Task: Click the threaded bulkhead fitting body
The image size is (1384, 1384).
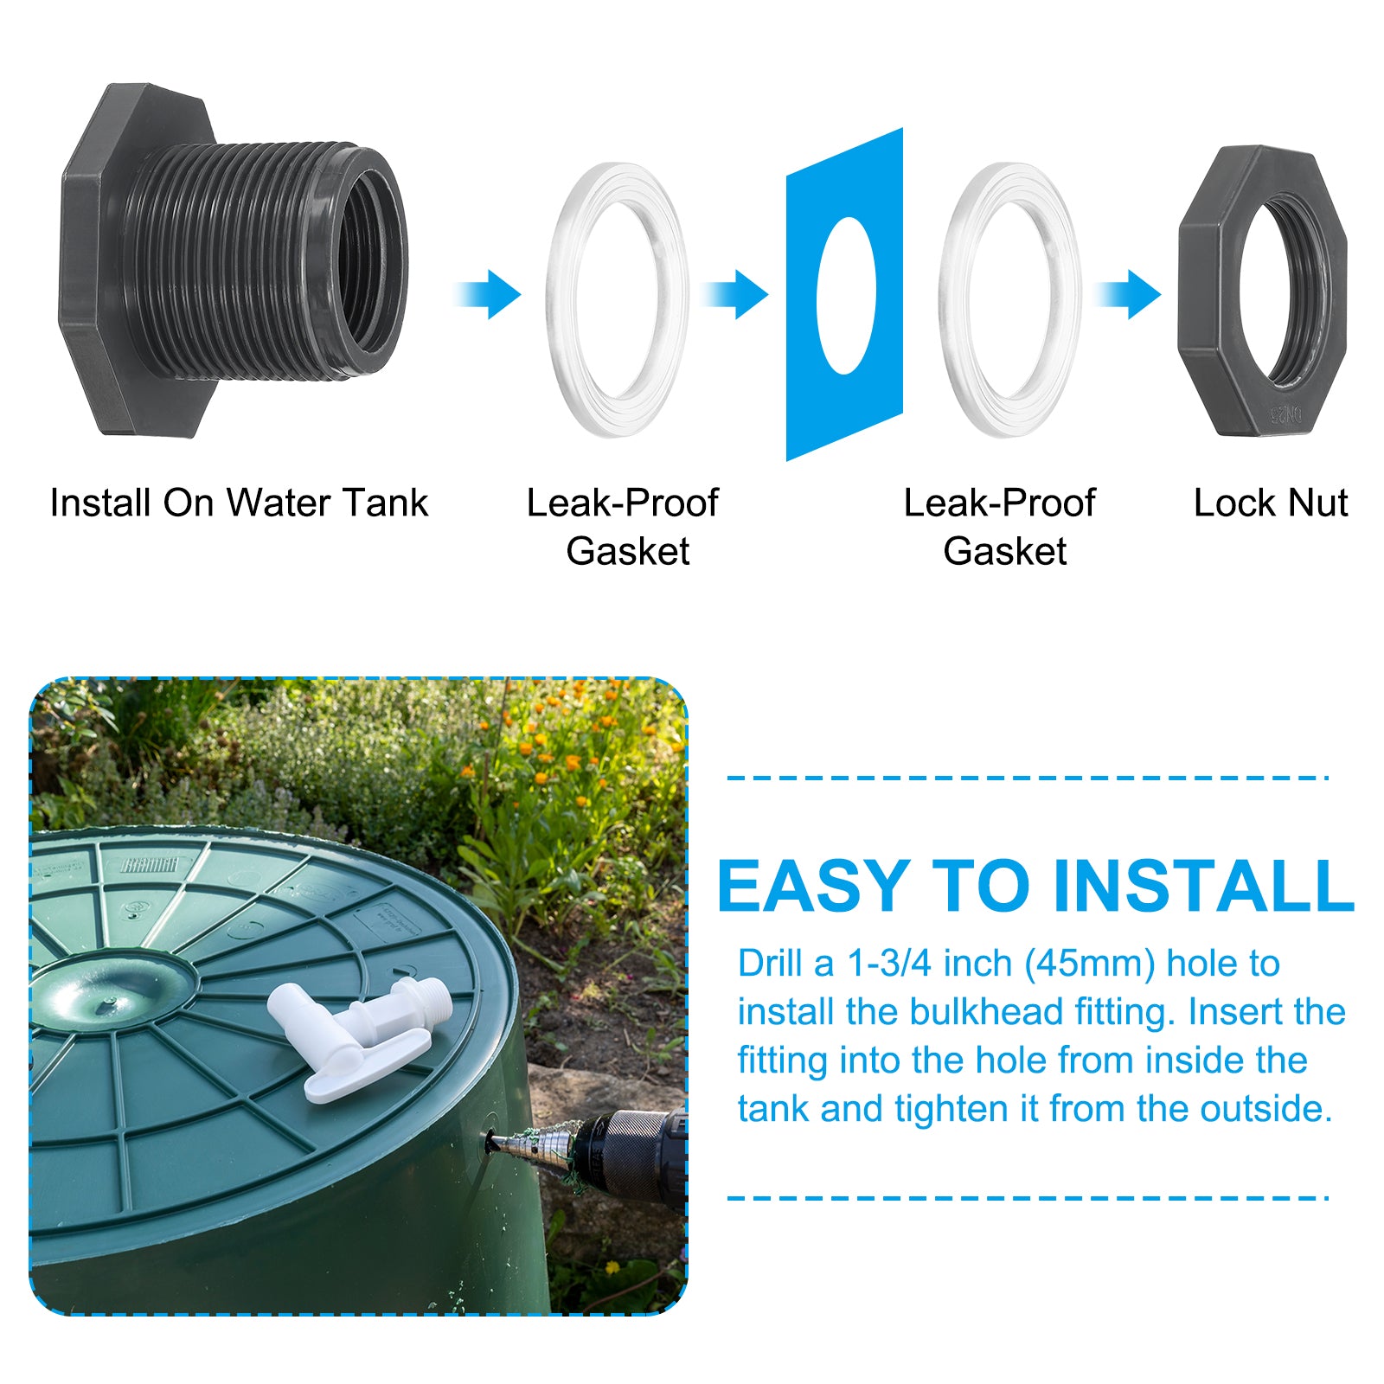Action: click(234, 259)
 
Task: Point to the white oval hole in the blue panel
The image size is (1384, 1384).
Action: click(846, 295)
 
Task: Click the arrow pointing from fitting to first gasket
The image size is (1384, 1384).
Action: click(488, 294)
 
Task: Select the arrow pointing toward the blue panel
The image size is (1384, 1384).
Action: click(734, 294)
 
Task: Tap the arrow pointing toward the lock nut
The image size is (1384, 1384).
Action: click(1127, 294)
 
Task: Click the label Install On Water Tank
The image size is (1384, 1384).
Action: click(239, 503)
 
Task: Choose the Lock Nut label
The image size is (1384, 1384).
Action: click(1271, 503)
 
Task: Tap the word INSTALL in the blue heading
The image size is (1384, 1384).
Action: click(1203, 887)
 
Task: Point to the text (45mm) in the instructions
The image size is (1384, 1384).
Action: click(1090, 964)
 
